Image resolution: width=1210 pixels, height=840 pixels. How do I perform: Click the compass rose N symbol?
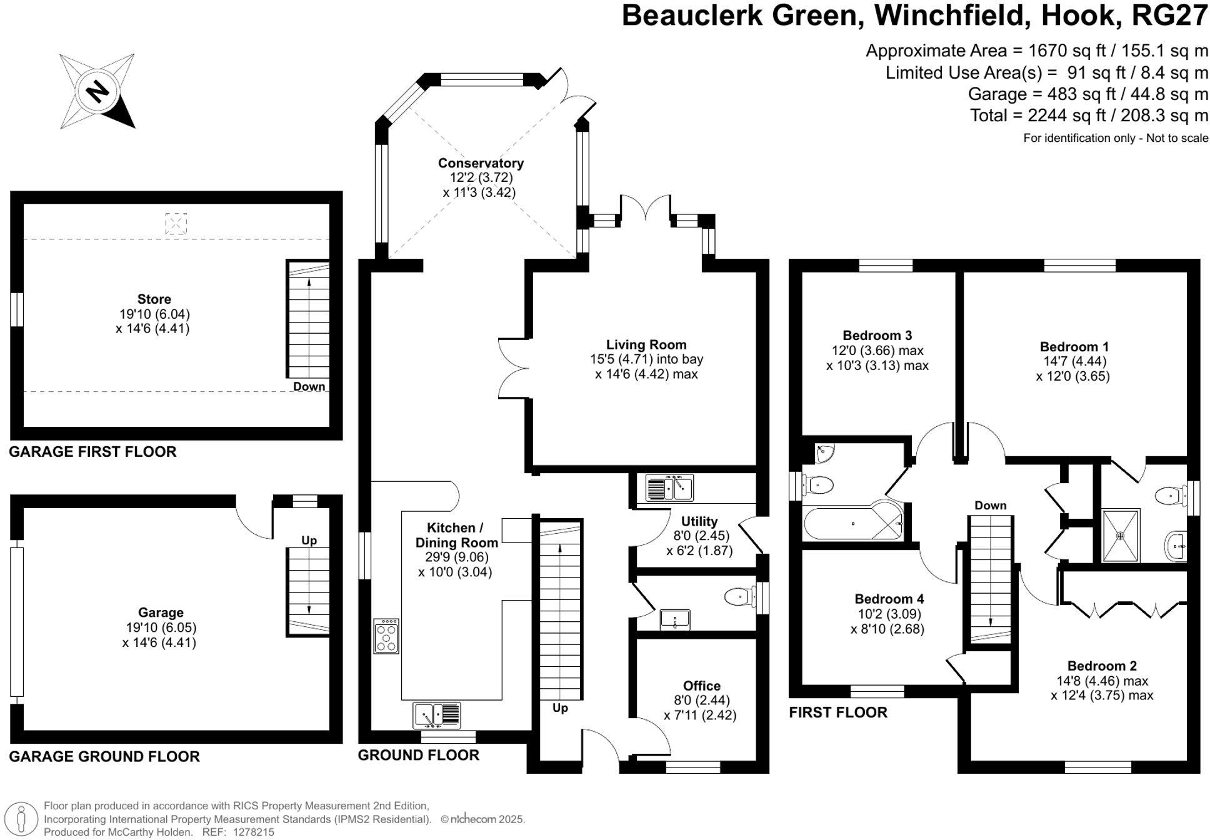97,91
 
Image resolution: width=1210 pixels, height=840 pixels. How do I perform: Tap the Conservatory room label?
480,163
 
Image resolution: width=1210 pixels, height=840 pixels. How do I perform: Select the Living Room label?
646,344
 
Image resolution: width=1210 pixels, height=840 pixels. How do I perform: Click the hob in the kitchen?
386,636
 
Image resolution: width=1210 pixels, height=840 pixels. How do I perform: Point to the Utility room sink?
669,487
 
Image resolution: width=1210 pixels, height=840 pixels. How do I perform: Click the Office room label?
701,686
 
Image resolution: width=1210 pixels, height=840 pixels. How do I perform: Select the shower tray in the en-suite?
1121,536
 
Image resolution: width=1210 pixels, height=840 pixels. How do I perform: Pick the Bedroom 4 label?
889,599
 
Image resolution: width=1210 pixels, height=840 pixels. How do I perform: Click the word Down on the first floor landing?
990,505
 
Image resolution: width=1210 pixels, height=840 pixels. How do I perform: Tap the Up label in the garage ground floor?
309,540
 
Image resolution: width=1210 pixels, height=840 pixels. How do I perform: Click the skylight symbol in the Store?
176,224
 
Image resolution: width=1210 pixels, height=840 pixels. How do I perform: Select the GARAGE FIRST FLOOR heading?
92,451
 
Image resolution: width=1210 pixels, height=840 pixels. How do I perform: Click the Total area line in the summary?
1089,116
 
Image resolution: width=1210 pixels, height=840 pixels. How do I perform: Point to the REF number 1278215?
253,832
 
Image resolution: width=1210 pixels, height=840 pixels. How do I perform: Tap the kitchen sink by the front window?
437,715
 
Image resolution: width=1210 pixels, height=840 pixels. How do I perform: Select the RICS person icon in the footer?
21,819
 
